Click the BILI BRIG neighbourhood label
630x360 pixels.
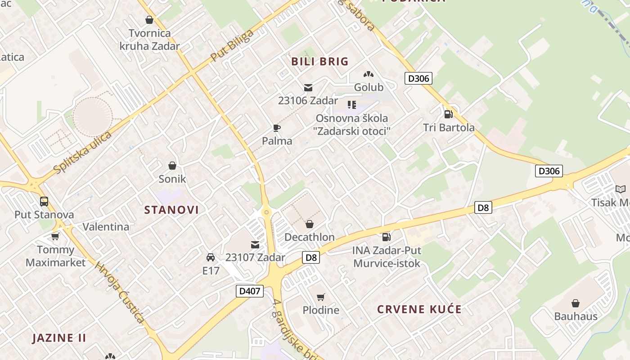point(320,62)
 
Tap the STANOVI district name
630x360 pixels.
point(171,210)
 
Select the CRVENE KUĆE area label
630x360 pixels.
point(419,310)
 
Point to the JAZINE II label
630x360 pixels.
point(59,338)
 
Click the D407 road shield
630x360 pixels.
point(250,291)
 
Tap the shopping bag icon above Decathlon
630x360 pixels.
point(310,224)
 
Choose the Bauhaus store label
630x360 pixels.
point(576,316)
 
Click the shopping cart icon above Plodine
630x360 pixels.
point(321,297)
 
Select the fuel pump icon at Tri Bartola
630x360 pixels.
point(448,114)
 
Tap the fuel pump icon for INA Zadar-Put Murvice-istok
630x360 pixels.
point(386,237)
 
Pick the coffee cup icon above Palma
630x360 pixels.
point(277,128)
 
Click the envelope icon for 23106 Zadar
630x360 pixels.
point(308,88)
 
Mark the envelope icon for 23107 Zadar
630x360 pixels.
point(255,244)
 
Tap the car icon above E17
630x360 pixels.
point(210,257)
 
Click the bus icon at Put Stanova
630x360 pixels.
point(44,201)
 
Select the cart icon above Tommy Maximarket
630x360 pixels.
point(55,236)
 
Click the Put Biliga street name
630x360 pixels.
point(232,46)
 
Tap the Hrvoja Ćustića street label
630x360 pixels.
point(120,292)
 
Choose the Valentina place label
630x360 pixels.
point(106,227)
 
